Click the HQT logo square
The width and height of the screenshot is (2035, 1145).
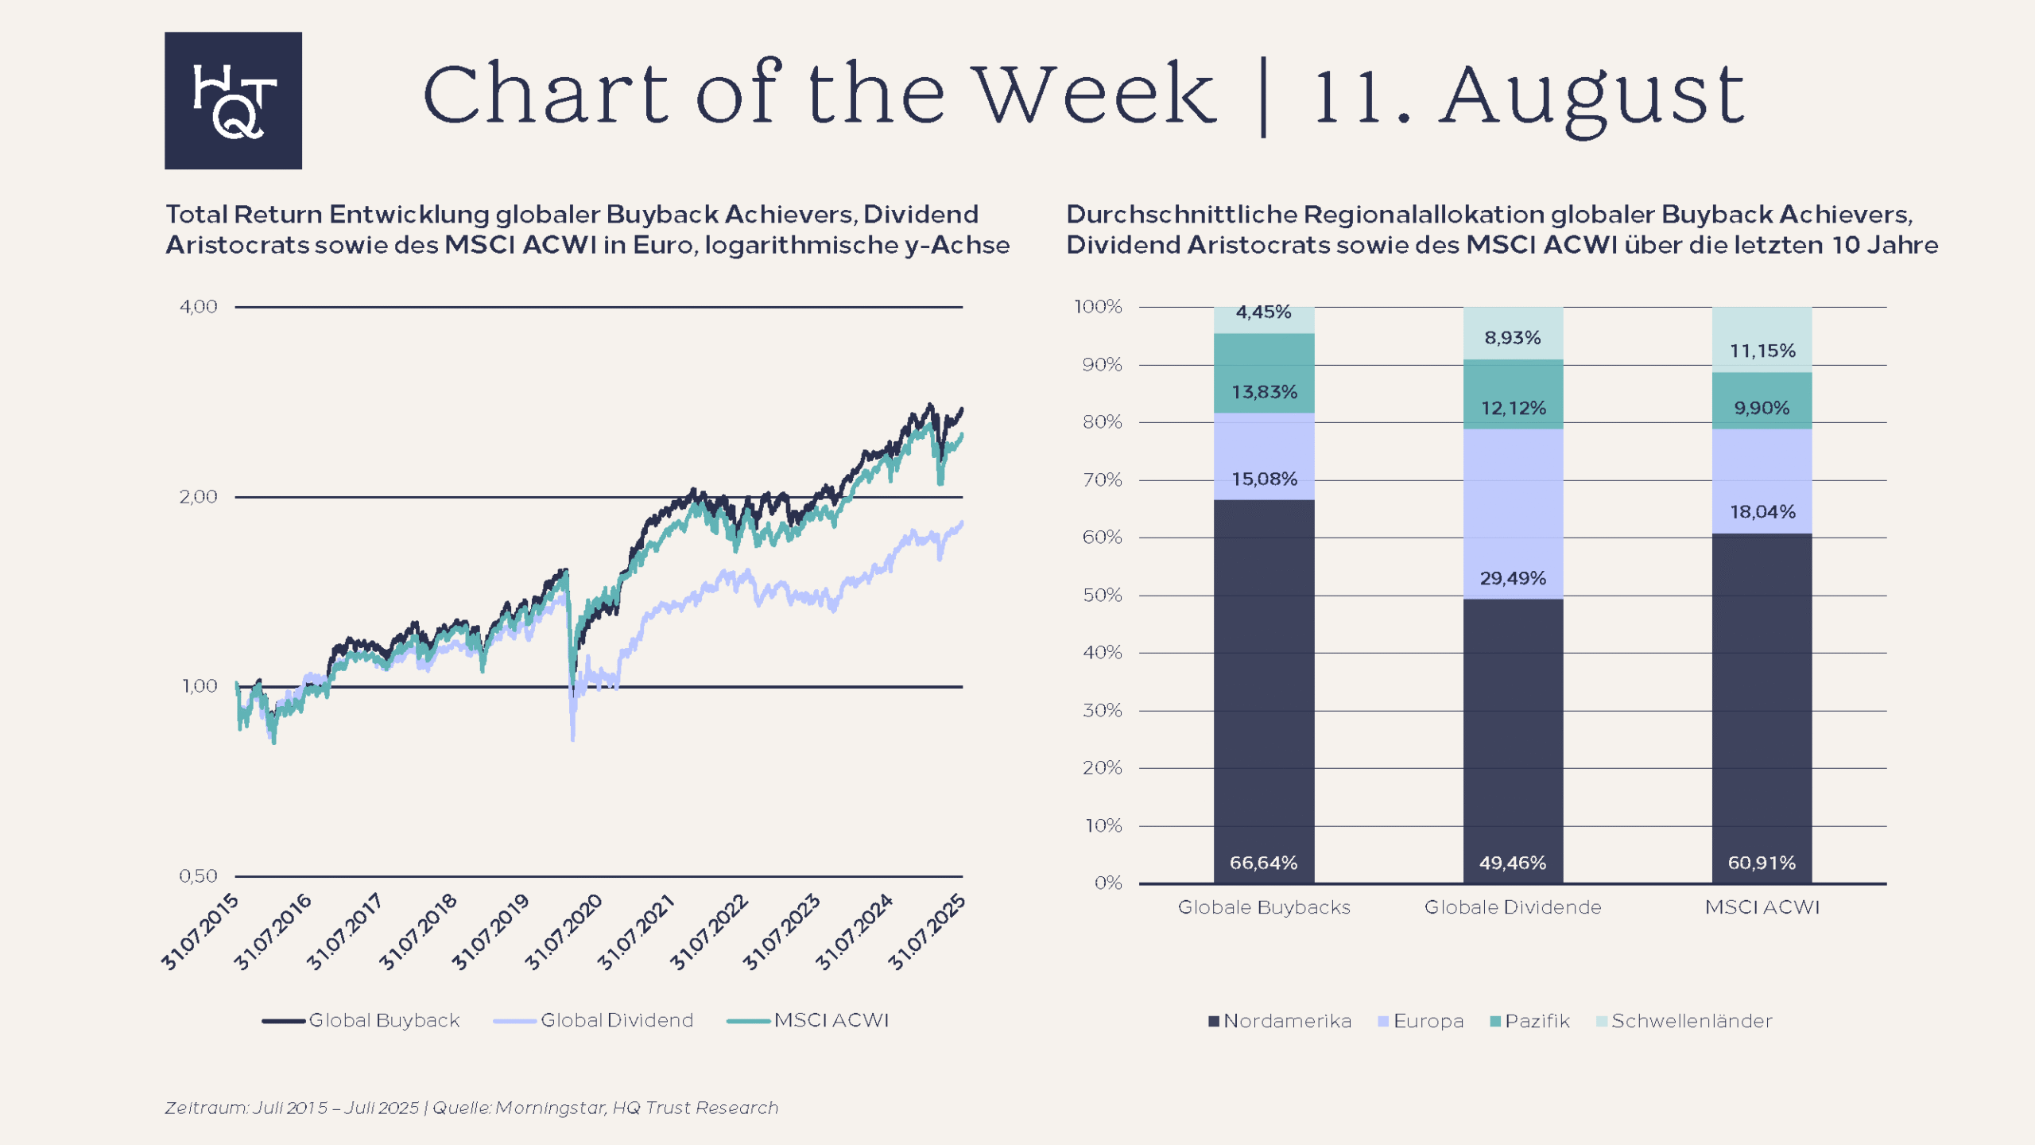(233, 100)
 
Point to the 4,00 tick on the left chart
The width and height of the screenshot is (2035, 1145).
(198, 307)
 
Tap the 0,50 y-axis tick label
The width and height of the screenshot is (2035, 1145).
(198, 876)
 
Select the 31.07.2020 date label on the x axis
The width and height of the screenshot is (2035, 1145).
(564, 932)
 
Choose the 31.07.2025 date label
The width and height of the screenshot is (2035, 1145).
(927, 932)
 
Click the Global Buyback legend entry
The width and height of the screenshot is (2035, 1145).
(384, 1020)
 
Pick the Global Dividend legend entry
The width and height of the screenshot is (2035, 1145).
(616, 1020)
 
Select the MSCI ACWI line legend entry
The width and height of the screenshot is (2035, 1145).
(831, 1020)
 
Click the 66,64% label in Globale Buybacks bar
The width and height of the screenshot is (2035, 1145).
(1263, 863)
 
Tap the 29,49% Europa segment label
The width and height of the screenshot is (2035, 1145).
(1513, 578)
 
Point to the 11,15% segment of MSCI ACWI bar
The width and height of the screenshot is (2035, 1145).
(1762, 351)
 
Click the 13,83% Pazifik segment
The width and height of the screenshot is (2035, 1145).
(1264, 392)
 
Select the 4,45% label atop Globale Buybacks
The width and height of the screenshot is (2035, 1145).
(1263, 312)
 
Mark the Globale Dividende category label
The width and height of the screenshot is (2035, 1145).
(1513, 907)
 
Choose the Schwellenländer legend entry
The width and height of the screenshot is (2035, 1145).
(1691, 1021)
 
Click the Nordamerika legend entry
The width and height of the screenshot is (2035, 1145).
(1286, 1021)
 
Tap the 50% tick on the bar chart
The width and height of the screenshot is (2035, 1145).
(1103, 596)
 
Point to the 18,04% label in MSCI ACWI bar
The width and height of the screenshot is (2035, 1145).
(1762, 511)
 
